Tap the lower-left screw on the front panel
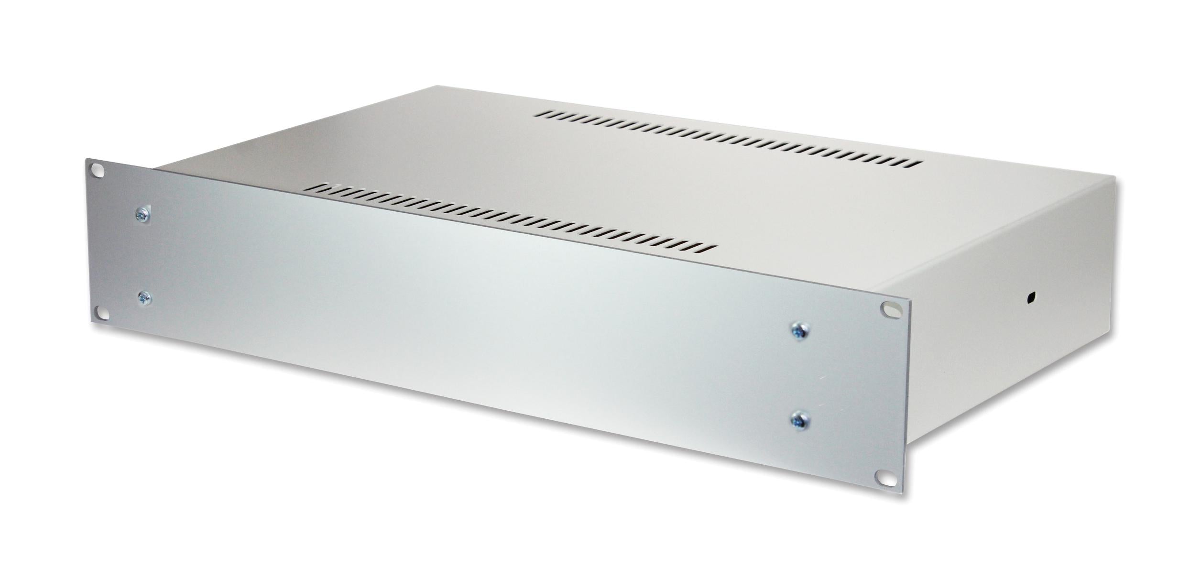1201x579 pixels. click(143, 298)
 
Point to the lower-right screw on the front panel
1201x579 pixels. click(797, 421)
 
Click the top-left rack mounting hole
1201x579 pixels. click(98, 170)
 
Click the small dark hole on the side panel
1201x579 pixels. click(1030, 298)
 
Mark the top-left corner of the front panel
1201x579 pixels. click(87, 160)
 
